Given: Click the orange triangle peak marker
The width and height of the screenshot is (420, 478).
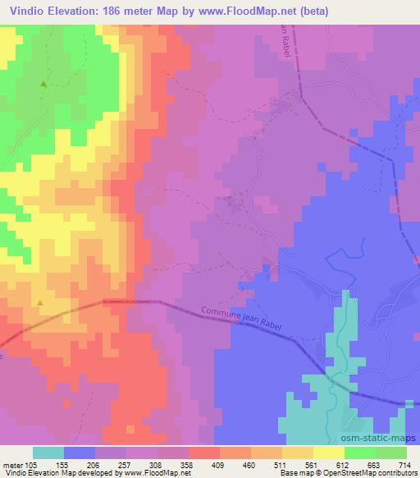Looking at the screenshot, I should tap(39, 303).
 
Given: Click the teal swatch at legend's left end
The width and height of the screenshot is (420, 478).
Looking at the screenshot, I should tap(48, 453).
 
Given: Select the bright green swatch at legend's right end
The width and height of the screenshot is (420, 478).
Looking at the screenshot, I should tap(391, 453).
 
